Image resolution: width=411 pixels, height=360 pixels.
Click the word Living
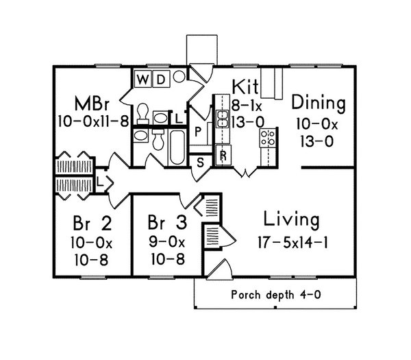tap(290, 221)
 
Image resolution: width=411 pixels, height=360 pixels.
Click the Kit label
tap(245, 87)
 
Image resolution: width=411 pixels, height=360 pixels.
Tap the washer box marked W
tap(142, 79)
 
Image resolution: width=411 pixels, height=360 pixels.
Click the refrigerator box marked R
tap(223, 155)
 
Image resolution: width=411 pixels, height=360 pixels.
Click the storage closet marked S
tap(201, 163)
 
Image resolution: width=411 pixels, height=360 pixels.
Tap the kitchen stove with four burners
tap(267, 137)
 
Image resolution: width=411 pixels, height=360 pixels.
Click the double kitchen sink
tap(223, 119)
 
